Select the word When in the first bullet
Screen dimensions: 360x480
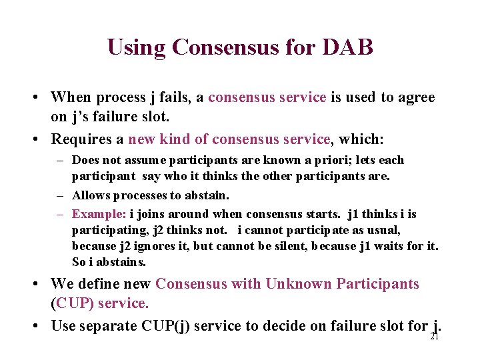pos(71,97)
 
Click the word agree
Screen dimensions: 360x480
pos(416,97)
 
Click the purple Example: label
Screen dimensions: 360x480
pos(99,214)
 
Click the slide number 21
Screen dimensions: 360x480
pos(434,337)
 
